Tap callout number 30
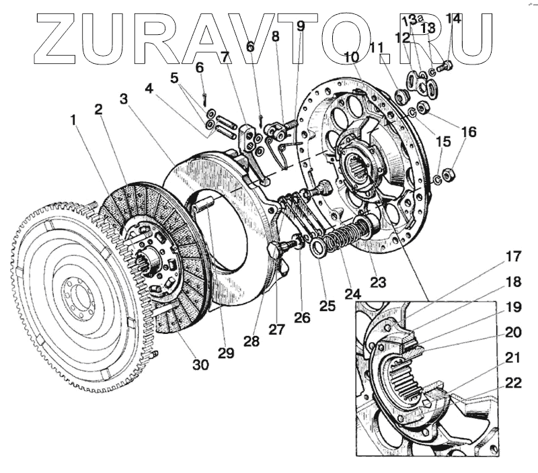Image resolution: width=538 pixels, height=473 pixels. pyautogui.click(x=200, y=365)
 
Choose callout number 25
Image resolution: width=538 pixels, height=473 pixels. pyautogui.click(x=327, y=306)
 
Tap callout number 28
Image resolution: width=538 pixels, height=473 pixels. pyautogui.click(x=252, y=341)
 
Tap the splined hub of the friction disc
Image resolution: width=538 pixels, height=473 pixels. pyautogui.click(x=149, y=259)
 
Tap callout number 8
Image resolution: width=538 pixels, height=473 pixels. pyautogui.click(x=275, y=37)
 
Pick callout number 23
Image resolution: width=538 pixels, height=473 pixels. pyautogui.click(x=378, y=282)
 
